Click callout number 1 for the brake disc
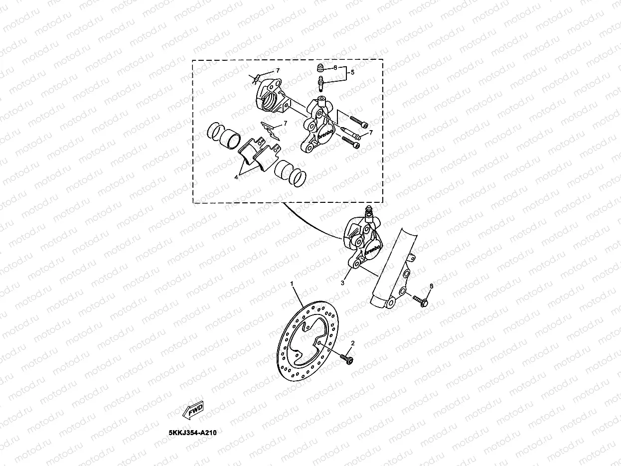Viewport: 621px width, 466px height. (x=293, y=283)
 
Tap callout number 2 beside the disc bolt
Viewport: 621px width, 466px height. (x=353, y=343)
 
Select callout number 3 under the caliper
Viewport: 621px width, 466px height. (x=342, y=283)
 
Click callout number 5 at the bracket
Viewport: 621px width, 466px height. (x=352, y=72)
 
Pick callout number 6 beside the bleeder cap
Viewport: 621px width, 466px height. (x=335, y=67)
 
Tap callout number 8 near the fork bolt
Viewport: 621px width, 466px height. (x=432, y=286)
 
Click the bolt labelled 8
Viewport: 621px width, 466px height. (x=420, y=301)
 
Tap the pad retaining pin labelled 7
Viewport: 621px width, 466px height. (x=352, y=134)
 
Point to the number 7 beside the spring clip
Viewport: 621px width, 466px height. (x=285, y=123)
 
